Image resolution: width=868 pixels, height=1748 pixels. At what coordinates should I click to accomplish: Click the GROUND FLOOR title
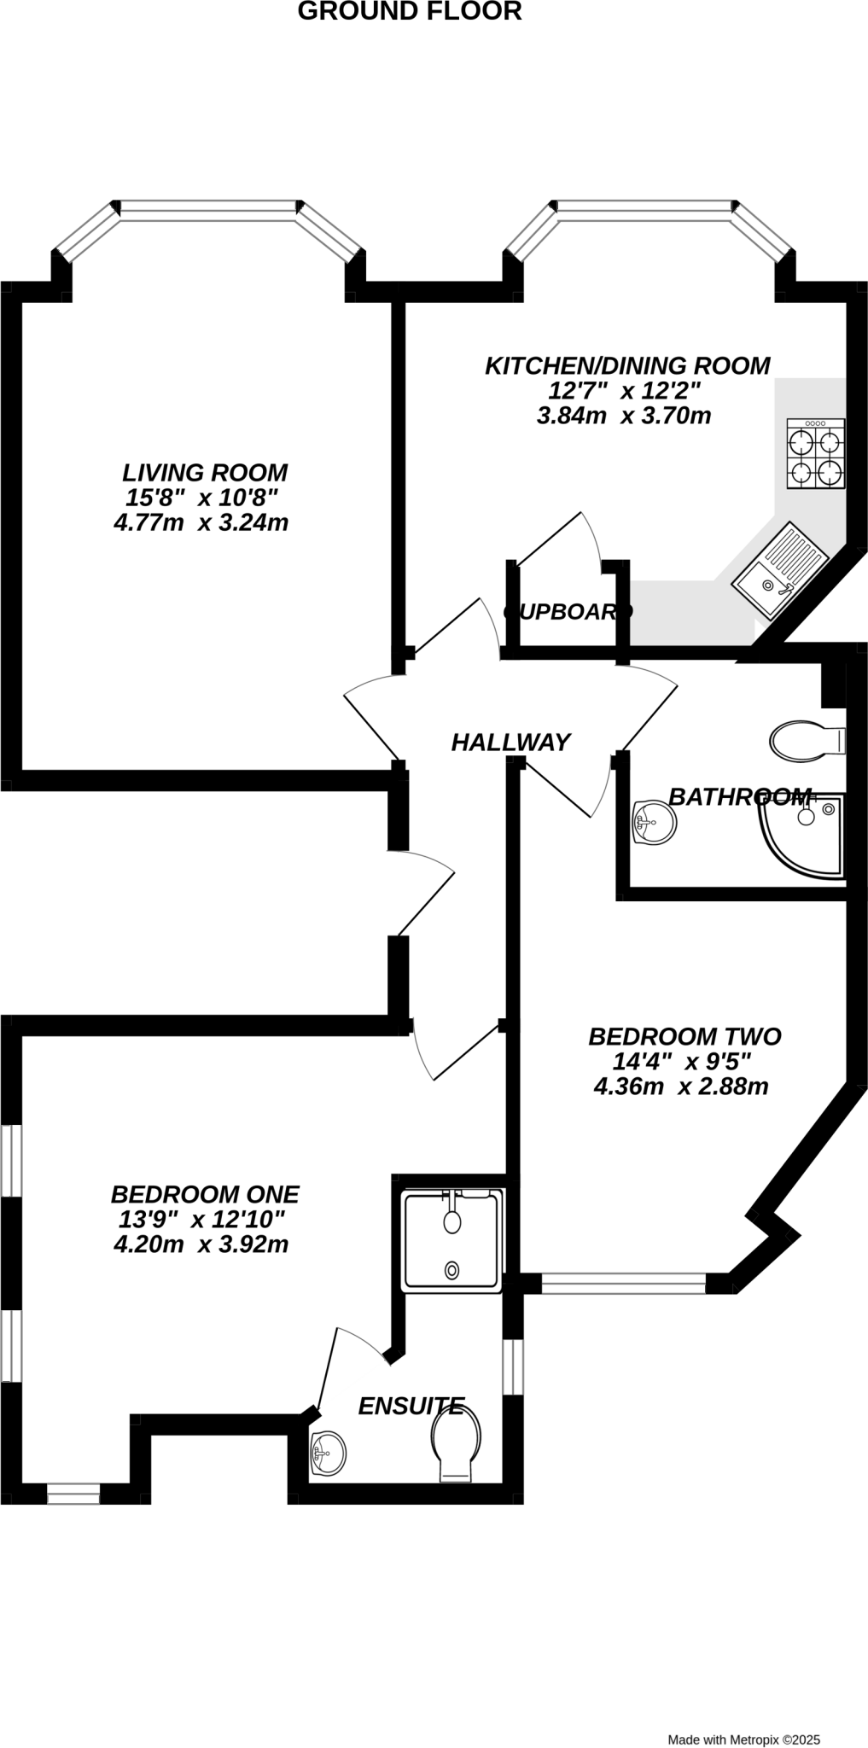pyautogui.click(x=410, y=12)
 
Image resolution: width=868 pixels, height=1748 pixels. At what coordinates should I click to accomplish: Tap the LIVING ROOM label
pyautogui.click(x=205, y=472)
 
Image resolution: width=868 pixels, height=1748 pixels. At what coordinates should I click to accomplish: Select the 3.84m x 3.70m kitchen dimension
pyautogui.click(x=624, y=416)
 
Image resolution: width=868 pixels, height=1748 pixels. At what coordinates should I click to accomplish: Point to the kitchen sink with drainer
pyautogui.click(x=780, y=569)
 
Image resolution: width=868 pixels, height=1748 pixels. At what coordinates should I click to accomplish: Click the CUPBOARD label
pyautogui.click(x=568, y=612)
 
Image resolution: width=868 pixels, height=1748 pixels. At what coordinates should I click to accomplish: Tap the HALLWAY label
pyautogui.click(x=510, y=743)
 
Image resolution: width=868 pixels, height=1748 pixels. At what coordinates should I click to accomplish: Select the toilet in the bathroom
pyautogui.click(x=807, y=740)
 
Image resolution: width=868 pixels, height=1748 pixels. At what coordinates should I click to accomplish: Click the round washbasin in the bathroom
pyautogui.click(x=655, y=823)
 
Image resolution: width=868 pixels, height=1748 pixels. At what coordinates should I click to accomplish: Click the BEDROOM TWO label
pyautogui.click(x=684, y=1036)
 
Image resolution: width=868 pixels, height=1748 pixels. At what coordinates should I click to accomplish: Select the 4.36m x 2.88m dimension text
pyautogui.click(x=681, y=1087)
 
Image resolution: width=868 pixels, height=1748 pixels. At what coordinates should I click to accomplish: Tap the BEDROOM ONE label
pyautogui.click(x=205, y=1194)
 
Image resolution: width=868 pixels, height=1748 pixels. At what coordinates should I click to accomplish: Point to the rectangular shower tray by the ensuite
pyautogui.click(x=453, y=1241)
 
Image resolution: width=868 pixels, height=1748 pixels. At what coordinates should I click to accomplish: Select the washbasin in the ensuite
pyautogui.click(x=329, y=1451)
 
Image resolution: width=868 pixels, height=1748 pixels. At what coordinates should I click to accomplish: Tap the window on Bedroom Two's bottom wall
pyautogui.click(x=624, y=1284)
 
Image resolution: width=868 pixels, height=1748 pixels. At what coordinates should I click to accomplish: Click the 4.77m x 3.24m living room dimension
pyautogui.click(x=201, y=522)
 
